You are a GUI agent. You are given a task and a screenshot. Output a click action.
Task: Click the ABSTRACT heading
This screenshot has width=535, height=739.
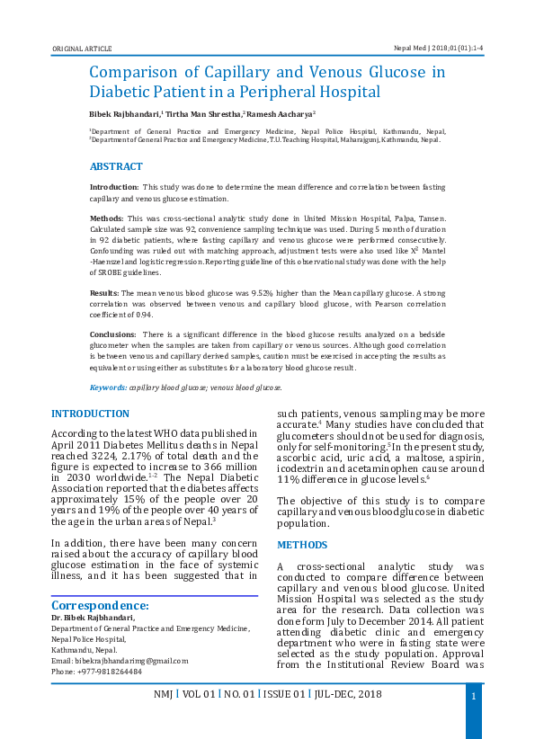(x=116, y=167)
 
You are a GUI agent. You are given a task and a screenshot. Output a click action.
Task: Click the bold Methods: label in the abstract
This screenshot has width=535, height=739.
(x=107, y=218)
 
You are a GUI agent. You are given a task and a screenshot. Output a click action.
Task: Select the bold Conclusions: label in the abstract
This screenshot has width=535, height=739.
(x=111, y=334)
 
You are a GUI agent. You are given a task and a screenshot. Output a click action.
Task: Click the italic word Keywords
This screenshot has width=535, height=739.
(x=108, y=387)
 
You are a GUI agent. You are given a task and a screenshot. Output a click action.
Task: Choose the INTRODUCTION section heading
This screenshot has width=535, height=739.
(x=90, y=414)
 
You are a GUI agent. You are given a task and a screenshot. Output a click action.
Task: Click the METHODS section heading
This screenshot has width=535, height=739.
(x=302, y=546)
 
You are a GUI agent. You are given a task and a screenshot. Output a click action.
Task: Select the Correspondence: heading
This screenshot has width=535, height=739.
(x=99, y=606)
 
